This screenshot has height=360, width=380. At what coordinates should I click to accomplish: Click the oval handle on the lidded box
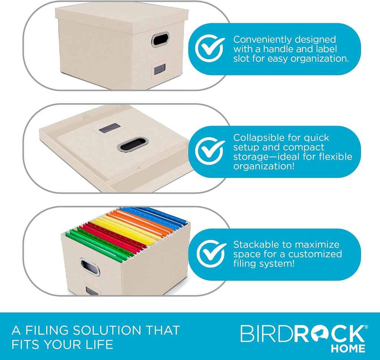coord(160,39)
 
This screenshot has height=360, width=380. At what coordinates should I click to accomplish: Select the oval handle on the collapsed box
coord(132,144)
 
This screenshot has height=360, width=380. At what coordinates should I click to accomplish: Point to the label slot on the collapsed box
coord(108,128)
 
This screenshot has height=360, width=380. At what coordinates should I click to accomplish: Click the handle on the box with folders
coord(89,267)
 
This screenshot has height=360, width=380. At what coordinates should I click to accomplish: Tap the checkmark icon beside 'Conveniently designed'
coord(210,49)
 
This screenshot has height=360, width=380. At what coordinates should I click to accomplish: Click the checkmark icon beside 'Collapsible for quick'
coord(210,151)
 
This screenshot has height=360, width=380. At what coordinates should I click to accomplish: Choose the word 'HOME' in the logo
coord(348,349)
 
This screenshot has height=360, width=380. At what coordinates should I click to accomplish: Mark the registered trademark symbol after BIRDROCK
coord(366,327)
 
